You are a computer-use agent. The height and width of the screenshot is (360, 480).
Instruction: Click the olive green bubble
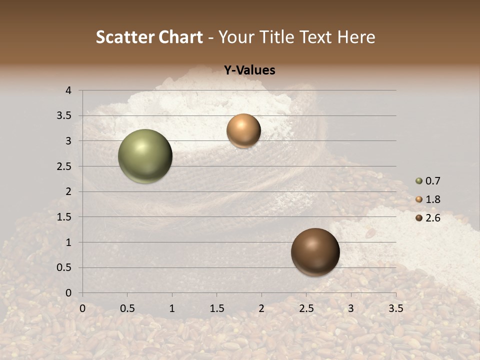[145, 156]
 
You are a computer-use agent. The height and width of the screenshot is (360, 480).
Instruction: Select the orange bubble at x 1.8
[243, 130]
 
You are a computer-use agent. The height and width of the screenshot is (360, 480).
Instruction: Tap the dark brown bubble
[315, 252]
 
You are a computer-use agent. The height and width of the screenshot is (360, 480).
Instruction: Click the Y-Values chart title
[249, 70]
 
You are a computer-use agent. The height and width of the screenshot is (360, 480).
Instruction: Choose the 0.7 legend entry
[428, 181]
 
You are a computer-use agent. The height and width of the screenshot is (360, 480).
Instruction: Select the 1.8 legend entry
[428, 199]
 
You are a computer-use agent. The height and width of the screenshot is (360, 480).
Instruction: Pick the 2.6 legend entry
[428, 218]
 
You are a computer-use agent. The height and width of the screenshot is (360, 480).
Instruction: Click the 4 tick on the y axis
[68, 90]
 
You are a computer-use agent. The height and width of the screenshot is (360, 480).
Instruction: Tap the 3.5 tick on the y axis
[64, 115]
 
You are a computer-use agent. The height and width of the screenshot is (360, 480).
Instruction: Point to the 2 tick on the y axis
[68, 191]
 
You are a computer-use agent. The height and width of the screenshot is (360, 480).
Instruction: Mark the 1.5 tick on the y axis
[64, 217]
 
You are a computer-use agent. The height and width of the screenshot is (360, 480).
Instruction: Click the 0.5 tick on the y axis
[64, 267]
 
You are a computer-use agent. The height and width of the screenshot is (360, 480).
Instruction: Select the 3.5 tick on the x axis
[395, 308]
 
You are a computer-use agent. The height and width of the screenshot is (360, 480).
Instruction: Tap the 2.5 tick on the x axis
[306, 308]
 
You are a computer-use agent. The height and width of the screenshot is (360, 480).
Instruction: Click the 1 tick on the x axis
[172, 308]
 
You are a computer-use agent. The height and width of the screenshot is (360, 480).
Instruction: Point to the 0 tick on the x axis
[82, 308]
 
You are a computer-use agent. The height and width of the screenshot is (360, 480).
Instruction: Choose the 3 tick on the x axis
[351, 308]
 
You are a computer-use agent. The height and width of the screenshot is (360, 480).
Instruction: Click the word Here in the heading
[356, 37]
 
